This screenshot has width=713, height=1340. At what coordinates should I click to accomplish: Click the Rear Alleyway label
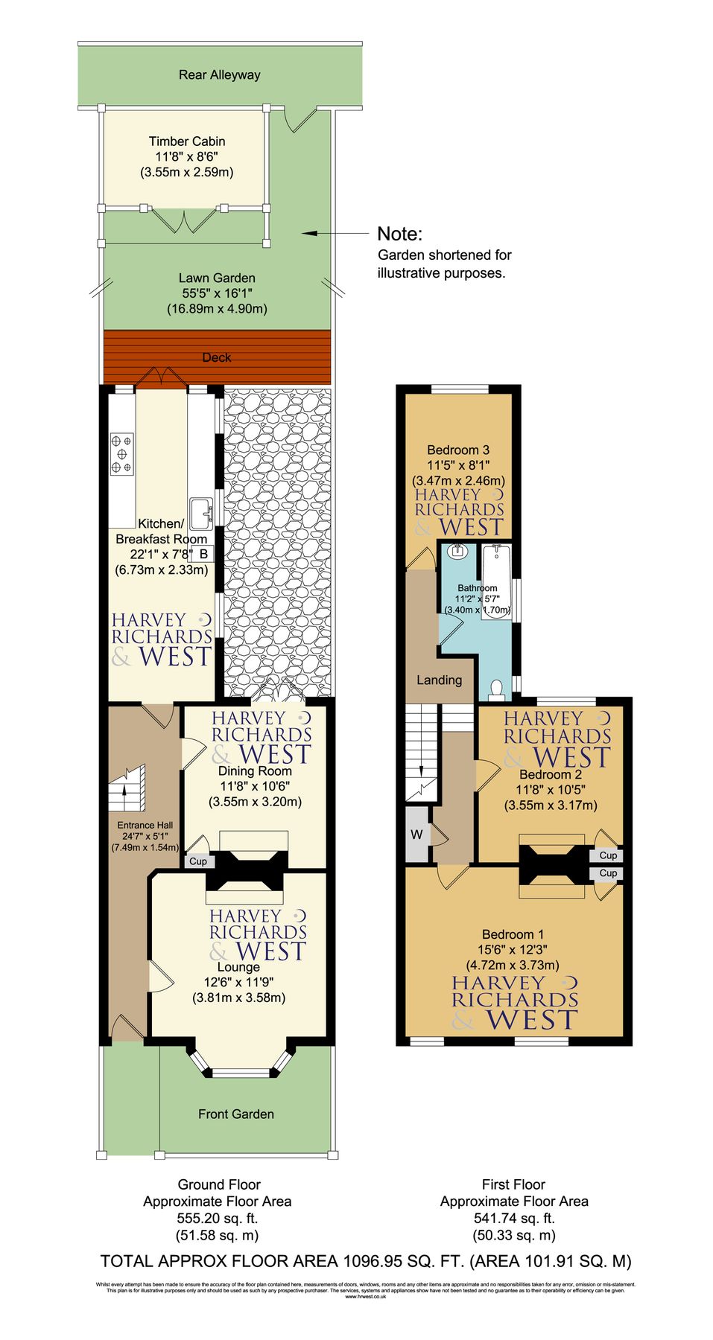point(219,75)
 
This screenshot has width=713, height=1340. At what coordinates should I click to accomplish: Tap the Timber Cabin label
point(187,141)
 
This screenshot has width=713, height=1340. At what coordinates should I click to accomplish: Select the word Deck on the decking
point(217,358)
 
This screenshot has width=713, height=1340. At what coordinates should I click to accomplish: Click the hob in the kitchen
point(122,453)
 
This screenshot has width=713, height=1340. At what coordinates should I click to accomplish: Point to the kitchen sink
point(200,512)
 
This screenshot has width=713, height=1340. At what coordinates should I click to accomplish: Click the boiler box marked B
point(203,554)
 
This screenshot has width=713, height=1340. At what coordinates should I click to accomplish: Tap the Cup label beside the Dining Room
point(198,861)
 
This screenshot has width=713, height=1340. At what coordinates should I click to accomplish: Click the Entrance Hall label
point(145,825)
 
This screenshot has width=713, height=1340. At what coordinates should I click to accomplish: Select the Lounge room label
point(238,967)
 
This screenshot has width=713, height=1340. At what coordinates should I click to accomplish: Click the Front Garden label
point(236,1114)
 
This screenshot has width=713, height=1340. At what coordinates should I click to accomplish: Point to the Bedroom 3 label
point(458,450)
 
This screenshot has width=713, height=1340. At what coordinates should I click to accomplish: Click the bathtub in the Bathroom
point(496,577)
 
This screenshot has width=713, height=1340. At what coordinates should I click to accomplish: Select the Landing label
point(439,680)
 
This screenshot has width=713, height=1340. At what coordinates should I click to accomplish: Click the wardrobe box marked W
point(416,835)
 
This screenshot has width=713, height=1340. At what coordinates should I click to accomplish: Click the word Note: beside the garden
point(400,234)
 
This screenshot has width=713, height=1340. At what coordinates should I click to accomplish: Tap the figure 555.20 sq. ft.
point(218,1219)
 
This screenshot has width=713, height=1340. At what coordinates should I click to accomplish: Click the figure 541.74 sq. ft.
point(514,1219)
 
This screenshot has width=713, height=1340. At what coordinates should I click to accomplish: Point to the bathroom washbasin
point(457,552)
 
